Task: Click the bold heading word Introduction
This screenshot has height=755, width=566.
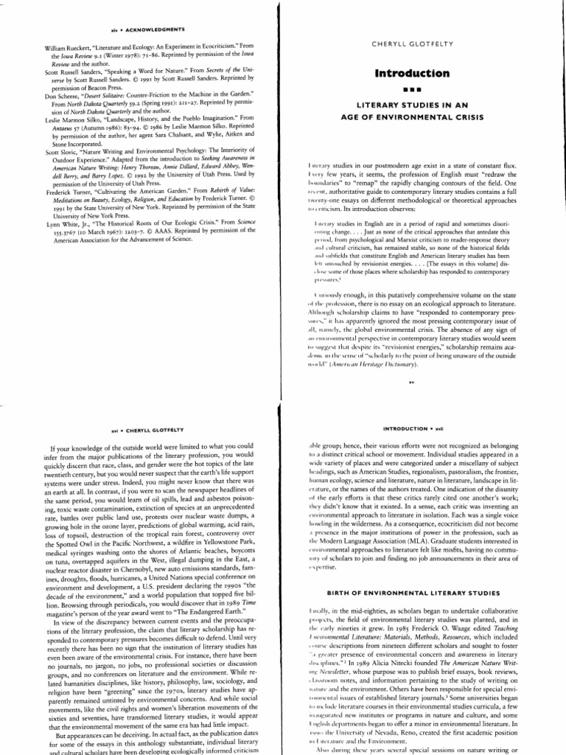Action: [422, 73]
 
